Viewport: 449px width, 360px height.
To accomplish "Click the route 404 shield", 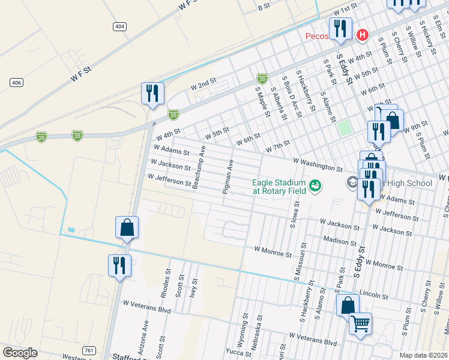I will click(119, 26).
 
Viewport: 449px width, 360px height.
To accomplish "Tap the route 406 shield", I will click(16, 82).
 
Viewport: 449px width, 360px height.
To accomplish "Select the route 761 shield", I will click(89, 350).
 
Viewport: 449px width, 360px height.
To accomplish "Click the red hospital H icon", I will click(361, 35).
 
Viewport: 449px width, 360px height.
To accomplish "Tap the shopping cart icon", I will click(360, 324).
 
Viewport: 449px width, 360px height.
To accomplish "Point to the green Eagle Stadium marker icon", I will click(315, 187).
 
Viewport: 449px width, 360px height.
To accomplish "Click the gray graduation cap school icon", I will click(352, 182).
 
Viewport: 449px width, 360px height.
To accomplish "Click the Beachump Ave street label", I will click(199, 167).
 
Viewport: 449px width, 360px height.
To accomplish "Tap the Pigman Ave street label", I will click(229, 176).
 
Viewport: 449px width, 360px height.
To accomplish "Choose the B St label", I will click(264, 7).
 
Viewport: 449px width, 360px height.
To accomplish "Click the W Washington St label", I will click(318, 166).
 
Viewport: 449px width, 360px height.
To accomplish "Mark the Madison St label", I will click(340, 241).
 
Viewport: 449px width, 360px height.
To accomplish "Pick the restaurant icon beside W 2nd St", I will click(152, 93).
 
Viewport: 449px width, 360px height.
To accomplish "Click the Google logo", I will click(20, 353).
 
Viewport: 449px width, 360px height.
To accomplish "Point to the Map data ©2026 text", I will click(423, 355).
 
